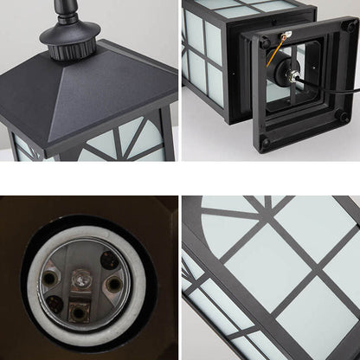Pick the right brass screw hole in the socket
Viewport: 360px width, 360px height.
pos(113,283)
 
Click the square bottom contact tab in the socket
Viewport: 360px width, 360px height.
pos(80,310)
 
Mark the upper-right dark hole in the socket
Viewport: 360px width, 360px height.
pos(107,260)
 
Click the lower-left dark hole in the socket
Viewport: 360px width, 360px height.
pos(55,303)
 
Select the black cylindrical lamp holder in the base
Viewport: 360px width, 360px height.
pos(285,76)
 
